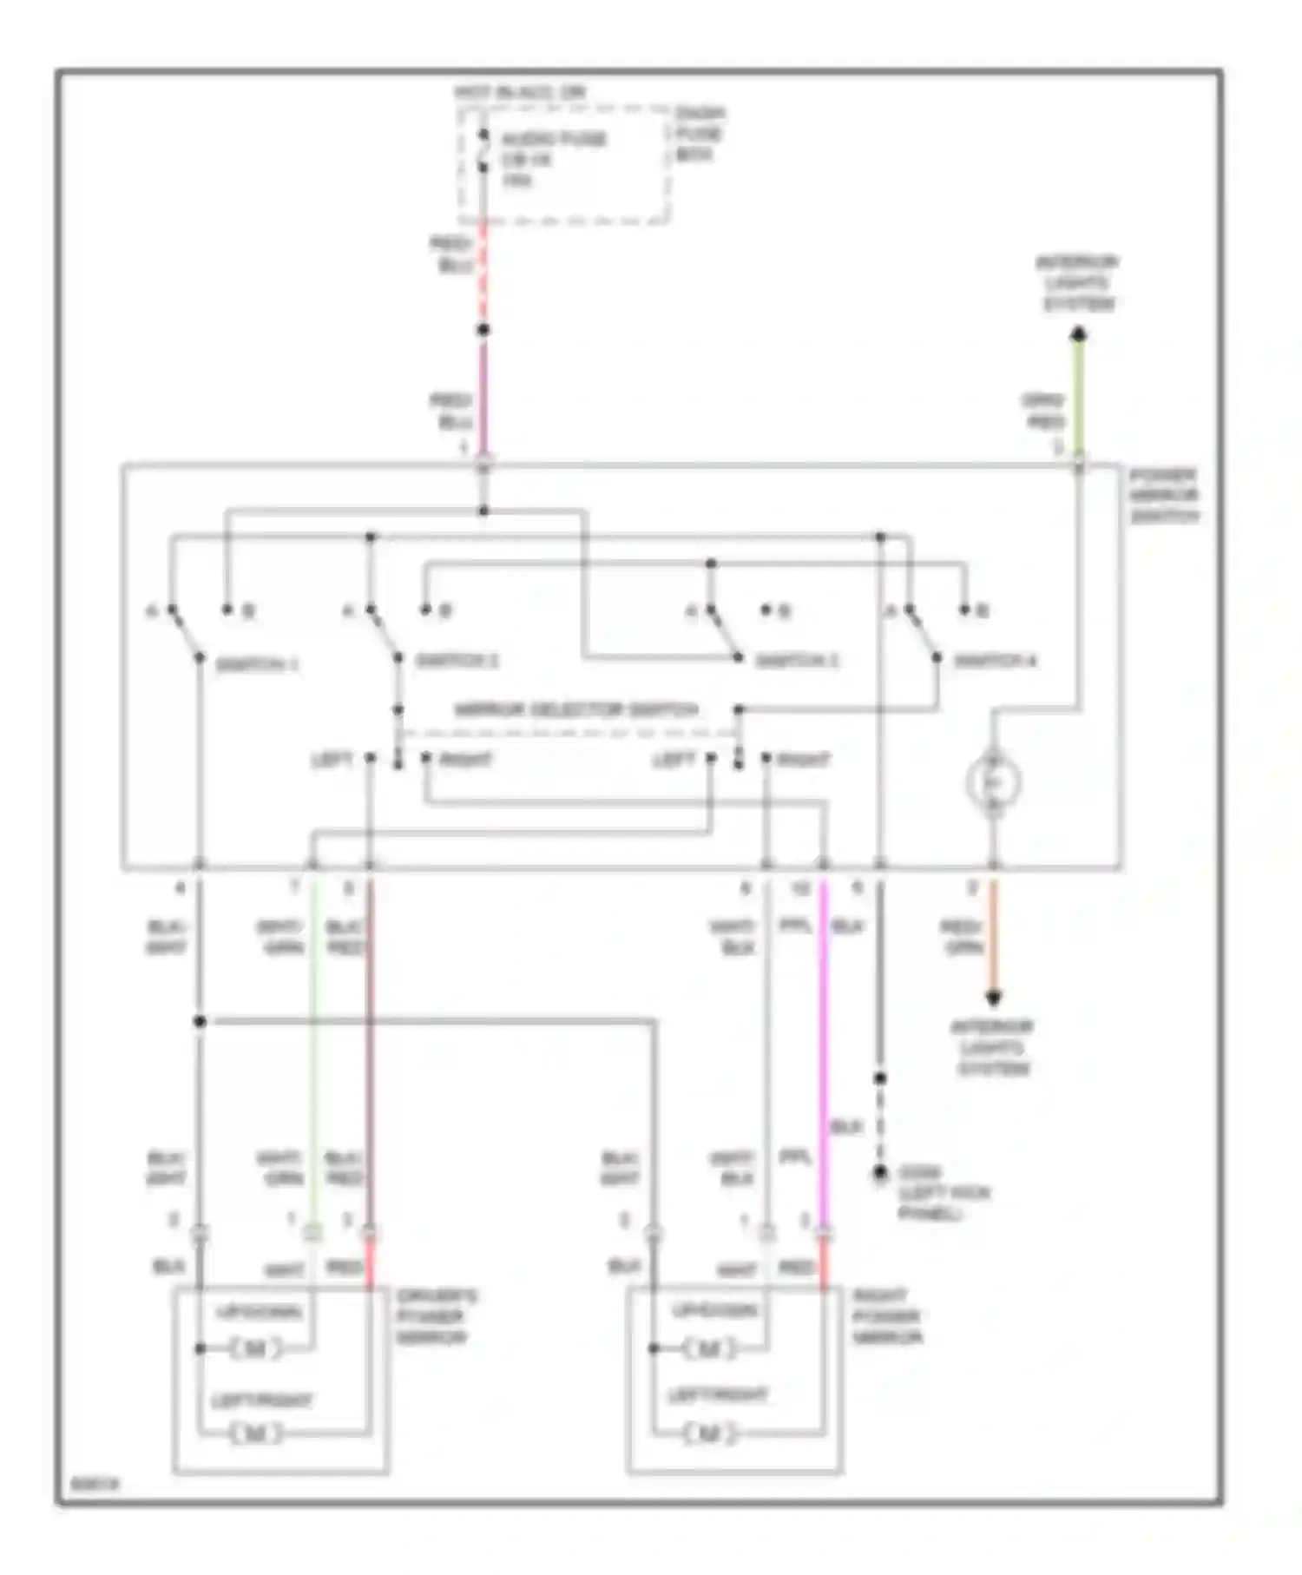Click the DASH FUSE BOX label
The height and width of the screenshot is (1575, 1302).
[699, 135]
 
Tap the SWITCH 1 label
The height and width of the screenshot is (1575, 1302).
[256, 665]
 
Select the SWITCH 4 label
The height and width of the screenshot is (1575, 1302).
[995, 662]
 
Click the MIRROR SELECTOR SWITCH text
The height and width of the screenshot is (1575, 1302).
[576, 710]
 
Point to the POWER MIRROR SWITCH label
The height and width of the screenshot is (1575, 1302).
[1164, 496]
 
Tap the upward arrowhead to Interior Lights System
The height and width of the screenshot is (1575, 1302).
[1078, 334]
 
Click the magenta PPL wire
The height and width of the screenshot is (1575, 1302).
[824, 1042]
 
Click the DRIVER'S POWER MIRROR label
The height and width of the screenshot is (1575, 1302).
[437, 1317]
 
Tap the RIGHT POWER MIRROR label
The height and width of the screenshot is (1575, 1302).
[886, 1317]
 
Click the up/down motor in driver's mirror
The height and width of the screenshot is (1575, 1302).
[256, 1348]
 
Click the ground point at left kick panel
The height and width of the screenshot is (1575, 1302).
[880, 1173]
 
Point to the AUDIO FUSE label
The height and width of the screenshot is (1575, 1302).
[554, 139]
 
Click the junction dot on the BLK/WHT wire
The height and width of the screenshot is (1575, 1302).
[200, 1021]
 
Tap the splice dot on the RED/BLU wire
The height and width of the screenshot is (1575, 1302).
[483, 330]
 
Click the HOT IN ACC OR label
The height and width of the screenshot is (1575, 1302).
[520, 92]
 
